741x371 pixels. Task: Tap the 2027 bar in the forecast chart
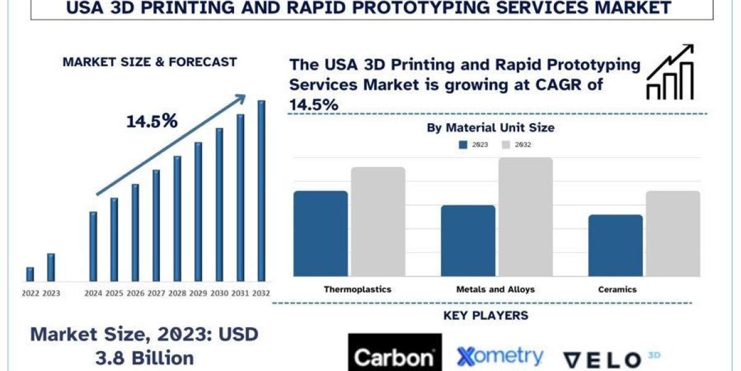coord(156,225)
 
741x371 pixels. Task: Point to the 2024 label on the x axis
coord(93,293)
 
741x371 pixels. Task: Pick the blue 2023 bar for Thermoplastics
coord(320,233)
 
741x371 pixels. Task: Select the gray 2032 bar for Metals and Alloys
coord(525,216)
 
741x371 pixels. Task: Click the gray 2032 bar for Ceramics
coord(673,233)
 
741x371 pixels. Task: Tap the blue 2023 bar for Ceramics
coord(615,245)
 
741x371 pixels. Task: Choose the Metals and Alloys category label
coord(495,289)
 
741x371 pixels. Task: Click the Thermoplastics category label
coord(358,289)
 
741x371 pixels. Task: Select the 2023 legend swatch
coord(463,145)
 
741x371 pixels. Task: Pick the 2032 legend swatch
coord(505,145)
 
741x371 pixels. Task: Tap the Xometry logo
coord(500,356)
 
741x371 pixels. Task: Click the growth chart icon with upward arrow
coord(670,72)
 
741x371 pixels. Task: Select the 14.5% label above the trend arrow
coord(152,121)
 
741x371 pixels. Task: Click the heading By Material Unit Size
coord(490,128)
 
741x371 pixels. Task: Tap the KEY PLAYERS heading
coord(486,316)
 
